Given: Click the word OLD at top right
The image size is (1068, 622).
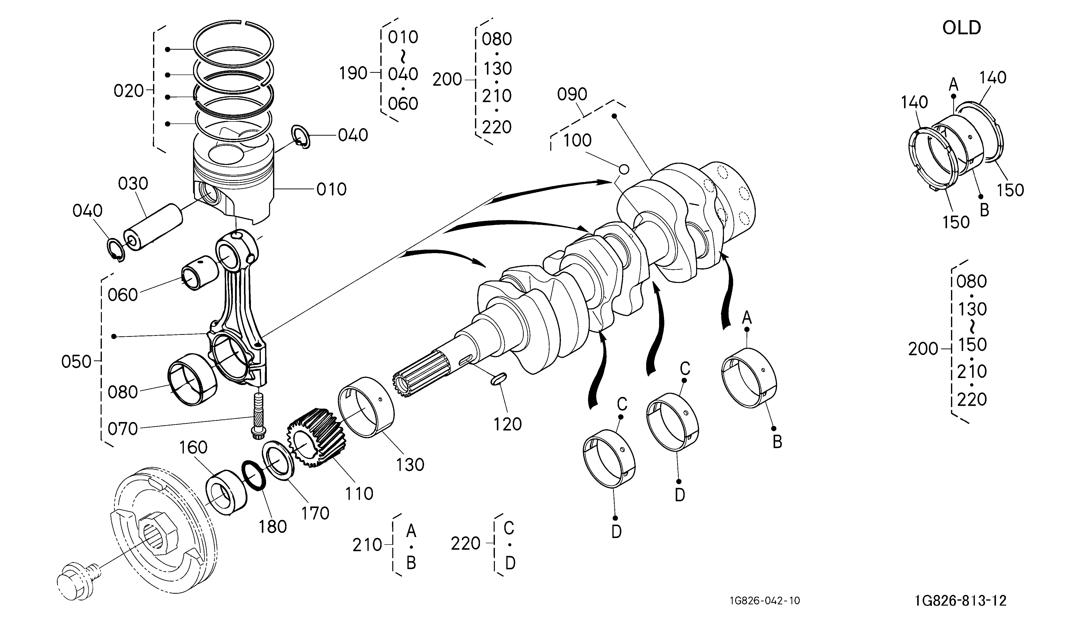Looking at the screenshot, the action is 961,28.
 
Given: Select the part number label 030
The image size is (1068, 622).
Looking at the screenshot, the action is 133,184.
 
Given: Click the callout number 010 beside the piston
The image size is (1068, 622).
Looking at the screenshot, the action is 331,189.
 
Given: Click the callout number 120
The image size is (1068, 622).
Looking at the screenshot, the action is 507,424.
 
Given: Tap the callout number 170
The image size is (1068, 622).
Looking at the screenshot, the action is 315,513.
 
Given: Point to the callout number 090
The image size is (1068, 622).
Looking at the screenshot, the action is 572,94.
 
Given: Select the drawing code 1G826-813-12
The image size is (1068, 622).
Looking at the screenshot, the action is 960,600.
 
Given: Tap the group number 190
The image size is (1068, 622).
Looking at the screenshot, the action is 353,73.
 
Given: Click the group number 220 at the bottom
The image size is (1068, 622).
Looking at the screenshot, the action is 465,544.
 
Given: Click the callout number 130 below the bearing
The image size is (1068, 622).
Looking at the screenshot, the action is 410,465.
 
